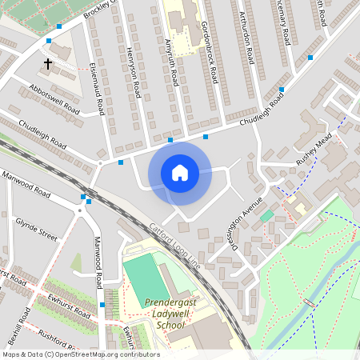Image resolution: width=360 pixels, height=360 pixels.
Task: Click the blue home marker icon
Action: point(180,174)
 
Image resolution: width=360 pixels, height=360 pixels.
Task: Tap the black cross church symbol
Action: point(47,62)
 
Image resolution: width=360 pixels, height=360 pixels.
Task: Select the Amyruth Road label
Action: point(170,63)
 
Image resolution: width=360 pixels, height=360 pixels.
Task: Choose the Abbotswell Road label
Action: point(54,98)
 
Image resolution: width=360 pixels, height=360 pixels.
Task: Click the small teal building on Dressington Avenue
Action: point(266,216)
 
